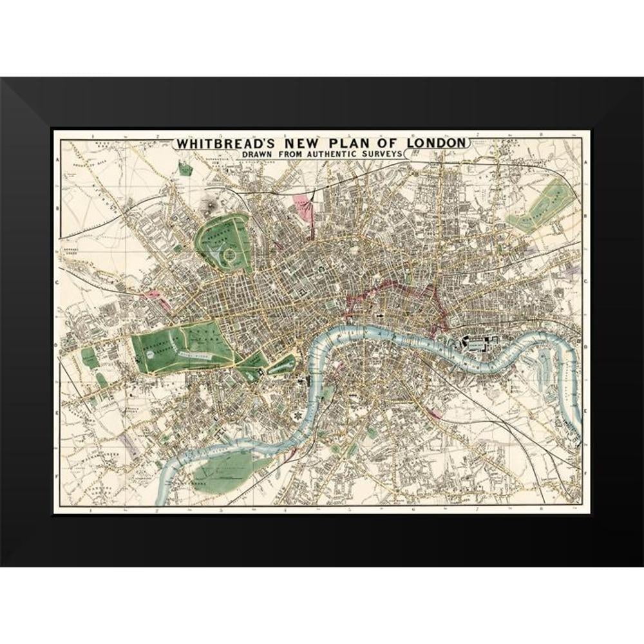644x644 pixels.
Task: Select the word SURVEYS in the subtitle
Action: pyautogui.click(x=384, y=154)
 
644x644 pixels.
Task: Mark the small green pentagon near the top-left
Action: pyautogui.click(x=185, y=169)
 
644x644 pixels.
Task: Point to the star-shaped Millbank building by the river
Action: pyautogui.click(x=298, y=417)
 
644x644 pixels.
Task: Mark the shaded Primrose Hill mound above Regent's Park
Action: pyautogui.click(x=209, y=205)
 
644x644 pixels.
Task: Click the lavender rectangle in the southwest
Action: pyautogui.click(x=131, y=447)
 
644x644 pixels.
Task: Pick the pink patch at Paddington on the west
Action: pyautogui.click(x=154, y=296)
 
